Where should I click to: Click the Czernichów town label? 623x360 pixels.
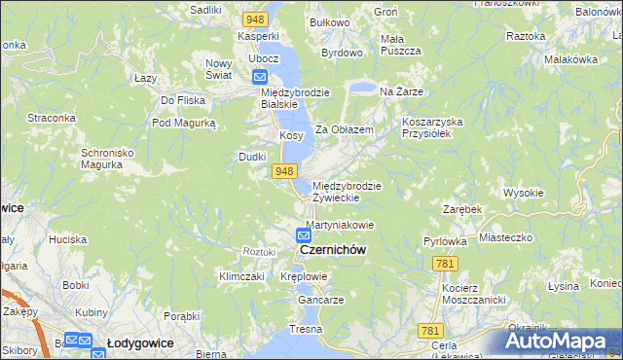coord(333,250)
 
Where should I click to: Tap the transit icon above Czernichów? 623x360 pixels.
coord(305,235)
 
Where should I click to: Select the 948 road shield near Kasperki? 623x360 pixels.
coord(256,19)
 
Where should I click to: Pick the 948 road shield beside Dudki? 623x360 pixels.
coord(283,171)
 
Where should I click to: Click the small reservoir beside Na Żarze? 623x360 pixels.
coord(361,89)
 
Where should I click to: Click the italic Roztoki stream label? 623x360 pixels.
coord(260,251)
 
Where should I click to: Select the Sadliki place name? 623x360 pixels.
coord(206,9)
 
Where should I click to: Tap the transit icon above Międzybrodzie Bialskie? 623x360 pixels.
coord(260,77)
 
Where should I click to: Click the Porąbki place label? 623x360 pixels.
coord(182,315)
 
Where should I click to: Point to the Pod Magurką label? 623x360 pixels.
coord(182,124)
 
